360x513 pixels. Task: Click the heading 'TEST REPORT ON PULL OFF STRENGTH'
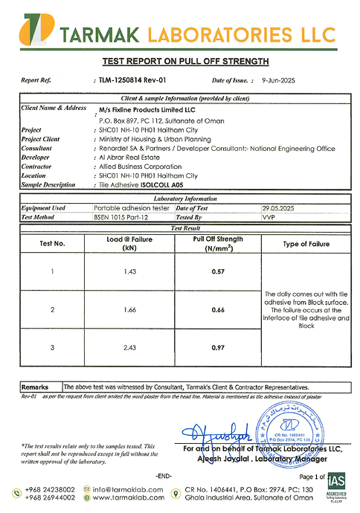[184, 62]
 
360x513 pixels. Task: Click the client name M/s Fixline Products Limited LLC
[147, 109]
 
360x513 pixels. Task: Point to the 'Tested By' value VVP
[269, 218]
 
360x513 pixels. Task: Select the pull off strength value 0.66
[218, 309]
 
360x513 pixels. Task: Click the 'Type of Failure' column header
[306, 244]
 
